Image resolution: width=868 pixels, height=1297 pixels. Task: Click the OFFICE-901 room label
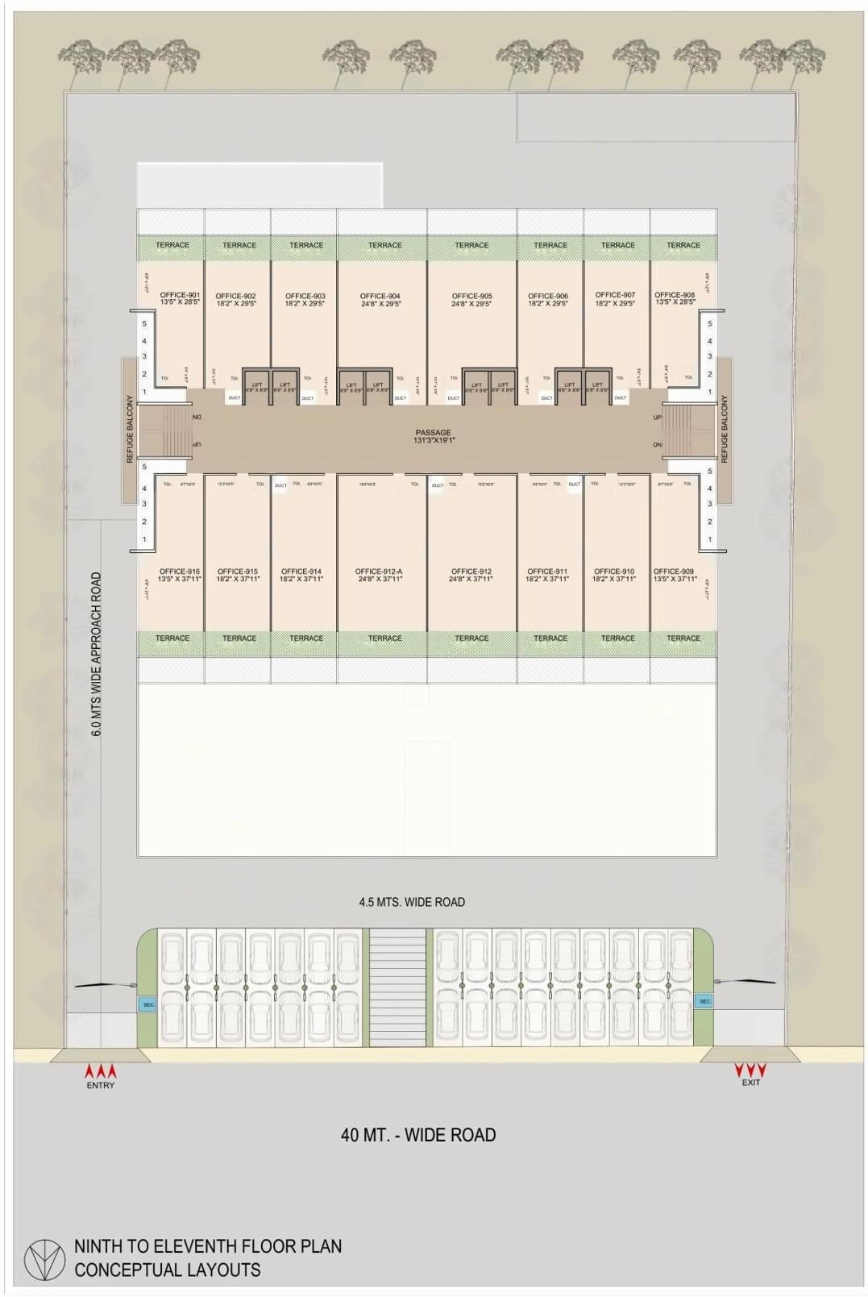coord(180,295)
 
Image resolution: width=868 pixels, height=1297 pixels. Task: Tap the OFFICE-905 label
coord(471,297)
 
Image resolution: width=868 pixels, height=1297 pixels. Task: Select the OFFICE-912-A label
coord(379,572)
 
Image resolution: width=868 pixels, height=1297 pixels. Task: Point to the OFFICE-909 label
coord(674,572)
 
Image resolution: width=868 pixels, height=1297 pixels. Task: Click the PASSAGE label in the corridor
coord(433,433)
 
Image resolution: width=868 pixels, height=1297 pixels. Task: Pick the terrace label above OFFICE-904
coord(384,245)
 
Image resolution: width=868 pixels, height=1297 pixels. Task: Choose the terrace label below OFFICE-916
coord(172,638)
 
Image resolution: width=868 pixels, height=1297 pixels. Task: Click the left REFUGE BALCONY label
coord(130,429)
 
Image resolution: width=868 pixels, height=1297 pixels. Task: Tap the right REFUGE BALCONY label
coord(724,429)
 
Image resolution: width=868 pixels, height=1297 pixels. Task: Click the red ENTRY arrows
coord(101,1072)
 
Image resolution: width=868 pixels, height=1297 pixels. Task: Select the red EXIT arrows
coord(750,1070)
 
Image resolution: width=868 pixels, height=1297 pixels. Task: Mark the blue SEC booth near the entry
coord(148,1004)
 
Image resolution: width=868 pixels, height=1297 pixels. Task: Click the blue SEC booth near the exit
coord(704,1001)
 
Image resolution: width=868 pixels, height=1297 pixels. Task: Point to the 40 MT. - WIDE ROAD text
coord(417,1135)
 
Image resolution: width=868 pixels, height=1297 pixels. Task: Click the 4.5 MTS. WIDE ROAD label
coord(412,902)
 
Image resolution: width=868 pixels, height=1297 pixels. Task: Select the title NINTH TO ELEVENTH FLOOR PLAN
coord(208,1245)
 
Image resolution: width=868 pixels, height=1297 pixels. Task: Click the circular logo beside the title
coord(44,1259)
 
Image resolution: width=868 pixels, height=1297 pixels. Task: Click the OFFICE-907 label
coord(615,295)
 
